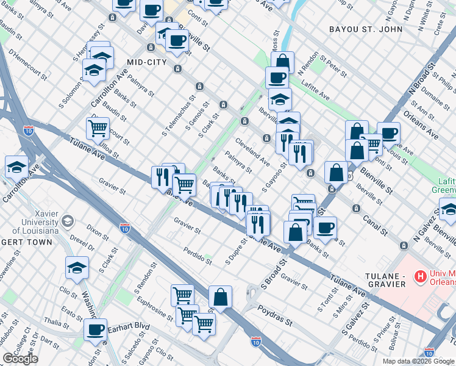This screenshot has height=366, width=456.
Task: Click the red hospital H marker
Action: tap(419, 278)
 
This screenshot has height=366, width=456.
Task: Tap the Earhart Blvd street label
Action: tap(129, 326)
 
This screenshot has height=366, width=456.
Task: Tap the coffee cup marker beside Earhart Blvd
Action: tap(95, 329)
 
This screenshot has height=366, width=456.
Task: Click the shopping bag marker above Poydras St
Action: tap(221, 296)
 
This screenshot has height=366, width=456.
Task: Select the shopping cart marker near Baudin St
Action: tap(98, 128)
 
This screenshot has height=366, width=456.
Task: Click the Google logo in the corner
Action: tap(20, 359)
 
